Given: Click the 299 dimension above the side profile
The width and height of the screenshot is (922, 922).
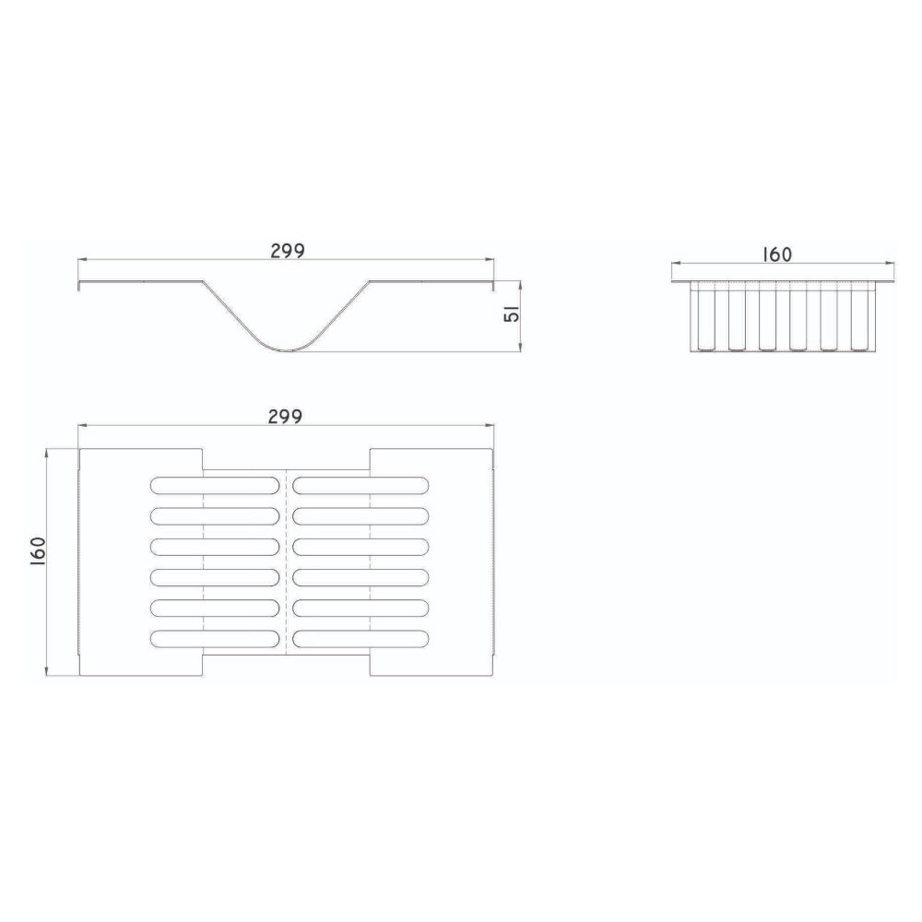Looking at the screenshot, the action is coord(288,251).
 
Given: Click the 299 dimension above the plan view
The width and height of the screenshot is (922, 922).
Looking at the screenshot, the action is coord(285,417).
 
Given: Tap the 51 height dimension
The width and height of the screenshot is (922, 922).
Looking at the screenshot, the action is coord(512,314).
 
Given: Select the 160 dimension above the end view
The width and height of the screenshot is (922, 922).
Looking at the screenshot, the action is coord(777,254).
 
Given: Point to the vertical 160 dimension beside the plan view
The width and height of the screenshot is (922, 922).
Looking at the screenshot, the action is coord(38,551).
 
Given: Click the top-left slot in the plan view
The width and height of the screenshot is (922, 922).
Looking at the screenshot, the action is coord(215,485).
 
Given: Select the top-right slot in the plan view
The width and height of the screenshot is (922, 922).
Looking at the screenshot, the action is coord(361,485).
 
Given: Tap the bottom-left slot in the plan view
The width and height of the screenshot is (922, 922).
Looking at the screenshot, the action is coord(215,639).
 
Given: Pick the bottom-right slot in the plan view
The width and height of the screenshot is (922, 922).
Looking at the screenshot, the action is coord(361,639).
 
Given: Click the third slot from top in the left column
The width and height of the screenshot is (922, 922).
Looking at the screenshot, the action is coord(215,546).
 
